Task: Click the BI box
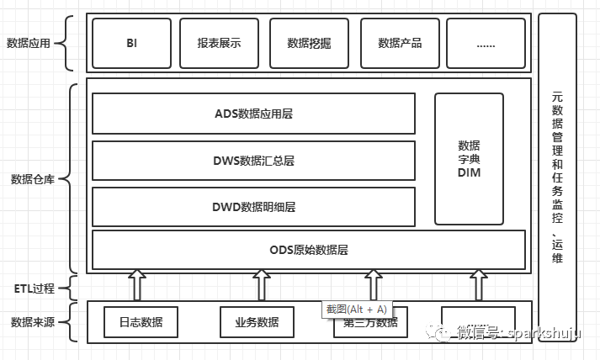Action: [131, 43]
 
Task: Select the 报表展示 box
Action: [219, 43]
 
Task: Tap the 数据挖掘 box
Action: [310, 43]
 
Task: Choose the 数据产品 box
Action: [400, 43]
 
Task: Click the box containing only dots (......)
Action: [486, 43]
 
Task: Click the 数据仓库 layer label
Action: [33, 179]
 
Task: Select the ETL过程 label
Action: [33, 289]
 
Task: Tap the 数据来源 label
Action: [33, 322]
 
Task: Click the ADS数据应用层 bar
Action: [253, 114]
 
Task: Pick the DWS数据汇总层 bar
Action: [253, 161]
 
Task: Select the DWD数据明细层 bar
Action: [253, 207]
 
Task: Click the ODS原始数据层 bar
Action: [308, 250]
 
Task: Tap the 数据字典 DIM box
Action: [469, 159]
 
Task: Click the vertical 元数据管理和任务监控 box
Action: [557, 177]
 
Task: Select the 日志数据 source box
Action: [141, 322]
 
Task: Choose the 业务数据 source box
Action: [257, 322]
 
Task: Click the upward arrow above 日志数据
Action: [136, 285]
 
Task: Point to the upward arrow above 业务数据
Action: [260, 285]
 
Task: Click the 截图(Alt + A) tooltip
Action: [356, 310]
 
